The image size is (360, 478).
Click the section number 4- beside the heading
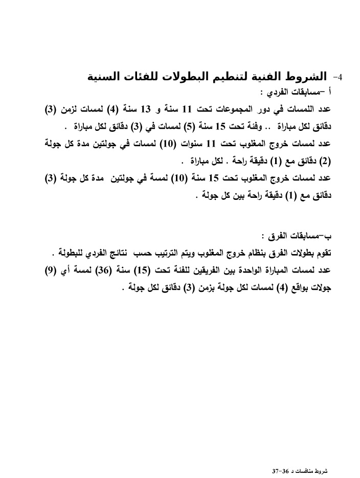point(338,77)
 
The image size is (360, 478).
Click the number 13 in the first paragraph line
point(146,109)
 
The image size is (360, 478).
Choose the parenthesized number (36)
point(115,270)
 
